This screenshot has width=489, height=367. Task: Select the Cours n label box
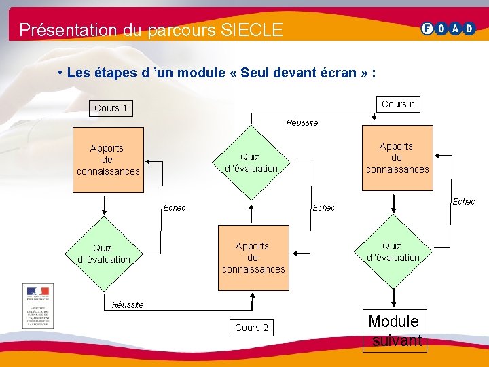tap(398, 104)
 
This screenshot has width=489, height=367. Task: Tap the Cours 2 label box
tap(251, 328)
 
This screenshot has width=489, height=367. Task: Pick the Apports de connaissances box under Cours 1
tap(107, 160)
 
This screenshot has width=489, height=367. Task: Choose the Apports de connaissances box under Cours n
tap(397, 158)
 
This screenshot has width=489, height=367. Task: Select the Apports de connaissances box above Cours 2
tap(253, 258)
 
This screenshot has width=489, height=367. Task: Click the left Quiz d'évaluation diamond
tap(103, 254)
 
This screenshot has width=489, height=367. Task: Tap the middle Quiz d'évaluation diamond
tap(251, 162)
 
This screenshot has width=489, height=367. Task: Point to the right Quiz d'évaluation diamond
tap(393, 251)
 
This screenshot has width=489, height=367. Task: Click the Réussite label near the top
tap(302, 123)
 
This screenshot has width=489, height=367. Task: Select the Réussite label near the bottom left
tap(128, 304)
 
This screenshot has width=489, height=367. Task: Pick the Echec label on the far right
tap(464, 202)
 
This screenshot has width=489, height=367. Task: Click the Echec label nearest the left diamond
tap(175, 207)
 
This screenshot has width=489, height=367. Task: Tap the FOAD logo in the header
tap(448, 29)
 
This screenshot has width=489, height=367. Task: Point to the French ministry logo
tap(38, 305)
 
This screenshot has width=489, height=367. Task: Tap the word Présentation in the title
tap(58, 30)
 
